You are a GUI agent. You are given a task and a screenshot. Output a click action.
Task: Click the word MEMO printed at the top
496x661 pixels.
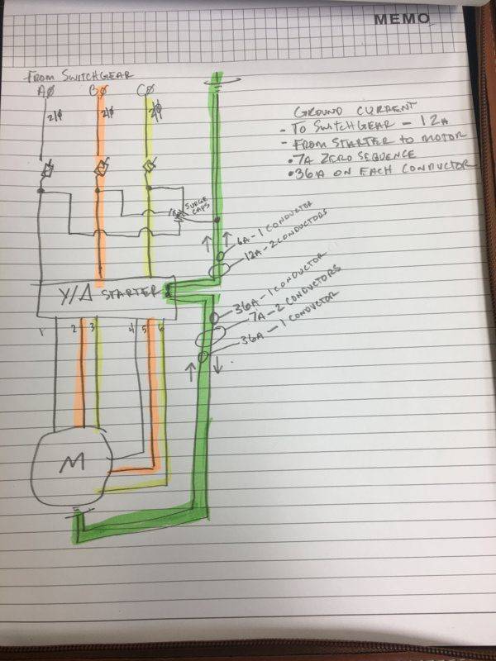coord(401,18)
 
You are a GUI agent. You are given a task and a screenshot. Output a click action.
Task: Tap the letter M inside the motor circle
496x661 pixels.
coord(69,466)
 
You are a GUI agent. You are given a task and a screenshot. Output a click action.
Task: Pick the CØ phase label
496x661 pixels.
coord(147,89)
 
